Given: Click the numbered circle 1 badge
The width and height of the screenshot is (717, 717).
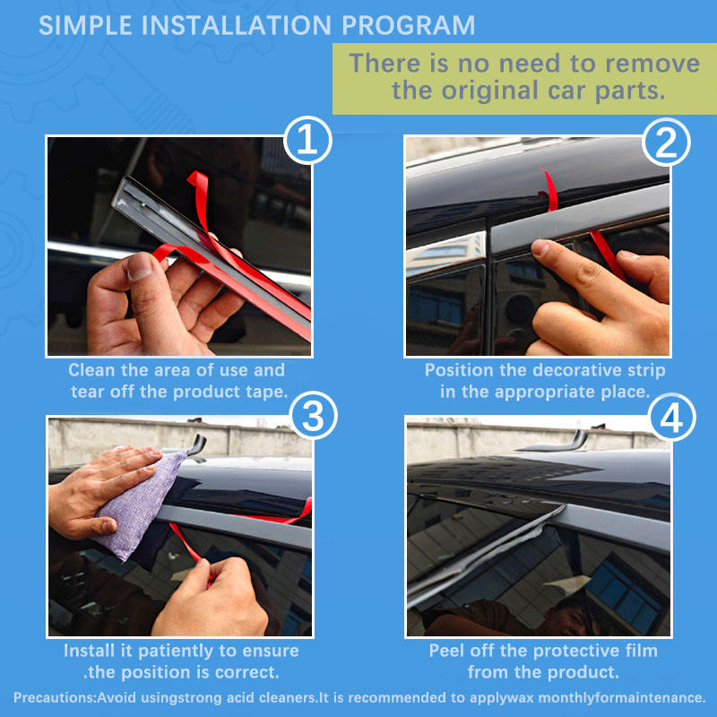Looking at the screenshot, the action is (307, 140).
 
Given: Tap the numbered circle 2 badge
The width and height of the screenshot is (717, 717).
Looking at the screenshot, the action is (666, 142).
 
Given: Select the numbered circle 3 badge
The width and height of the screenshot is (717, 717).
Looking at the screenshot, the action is (313, 416).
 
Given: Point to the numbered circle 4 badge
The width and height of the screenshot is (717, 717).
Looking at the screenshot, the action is (671, 418).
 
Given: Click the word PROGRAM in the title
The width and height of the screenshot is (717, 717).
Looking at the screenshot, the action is (409, 25).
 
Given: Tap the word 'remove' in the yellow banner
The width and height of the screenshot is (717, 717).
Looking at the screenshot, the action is (652, 63).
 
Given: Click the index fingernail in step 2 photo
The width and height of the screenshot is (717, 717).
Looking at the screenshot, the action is (540, 247).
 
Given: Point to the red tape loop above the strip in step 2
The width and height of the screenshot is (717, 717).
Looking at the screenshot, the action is (549, 190).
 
